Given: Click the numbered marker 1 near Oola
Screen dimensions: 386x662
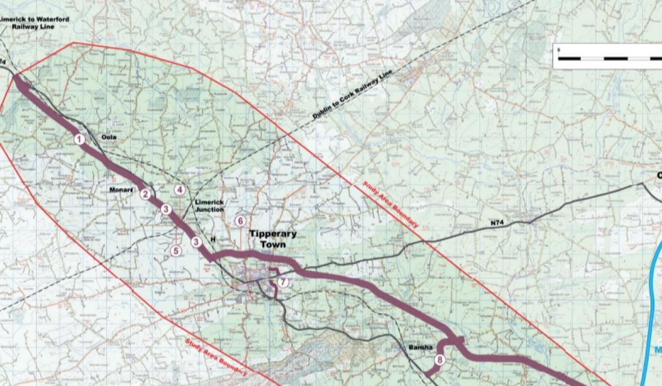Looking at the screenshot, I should [79, 140].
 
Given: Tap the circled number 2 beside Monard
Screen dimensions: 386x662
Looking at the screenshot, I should [145, 194].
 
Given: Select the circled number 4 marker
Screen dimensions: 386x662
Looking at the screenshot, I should [179, 190].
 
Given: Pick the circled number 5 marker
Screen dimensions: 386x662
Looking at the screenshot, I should [176, 250].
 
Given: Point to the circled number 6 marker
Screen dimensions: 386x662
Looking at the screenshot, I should [240, 221].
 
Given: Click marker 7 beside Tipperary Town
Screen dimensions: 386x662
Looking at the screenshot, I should [283, 282].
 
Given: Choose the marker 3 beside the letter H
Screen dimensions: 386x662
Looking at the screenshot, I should [196, 242].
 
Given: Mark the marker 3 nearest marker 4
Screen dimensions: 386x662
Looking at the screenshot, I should [165, 209].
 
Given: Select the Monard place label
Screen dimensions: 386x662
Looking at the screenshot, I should [121, 190].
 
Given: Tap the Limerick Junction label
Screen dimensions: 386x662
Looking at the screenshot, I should [210, 206].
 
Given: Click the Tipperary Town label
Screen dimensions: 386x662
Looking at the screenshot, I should [272, 238].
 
